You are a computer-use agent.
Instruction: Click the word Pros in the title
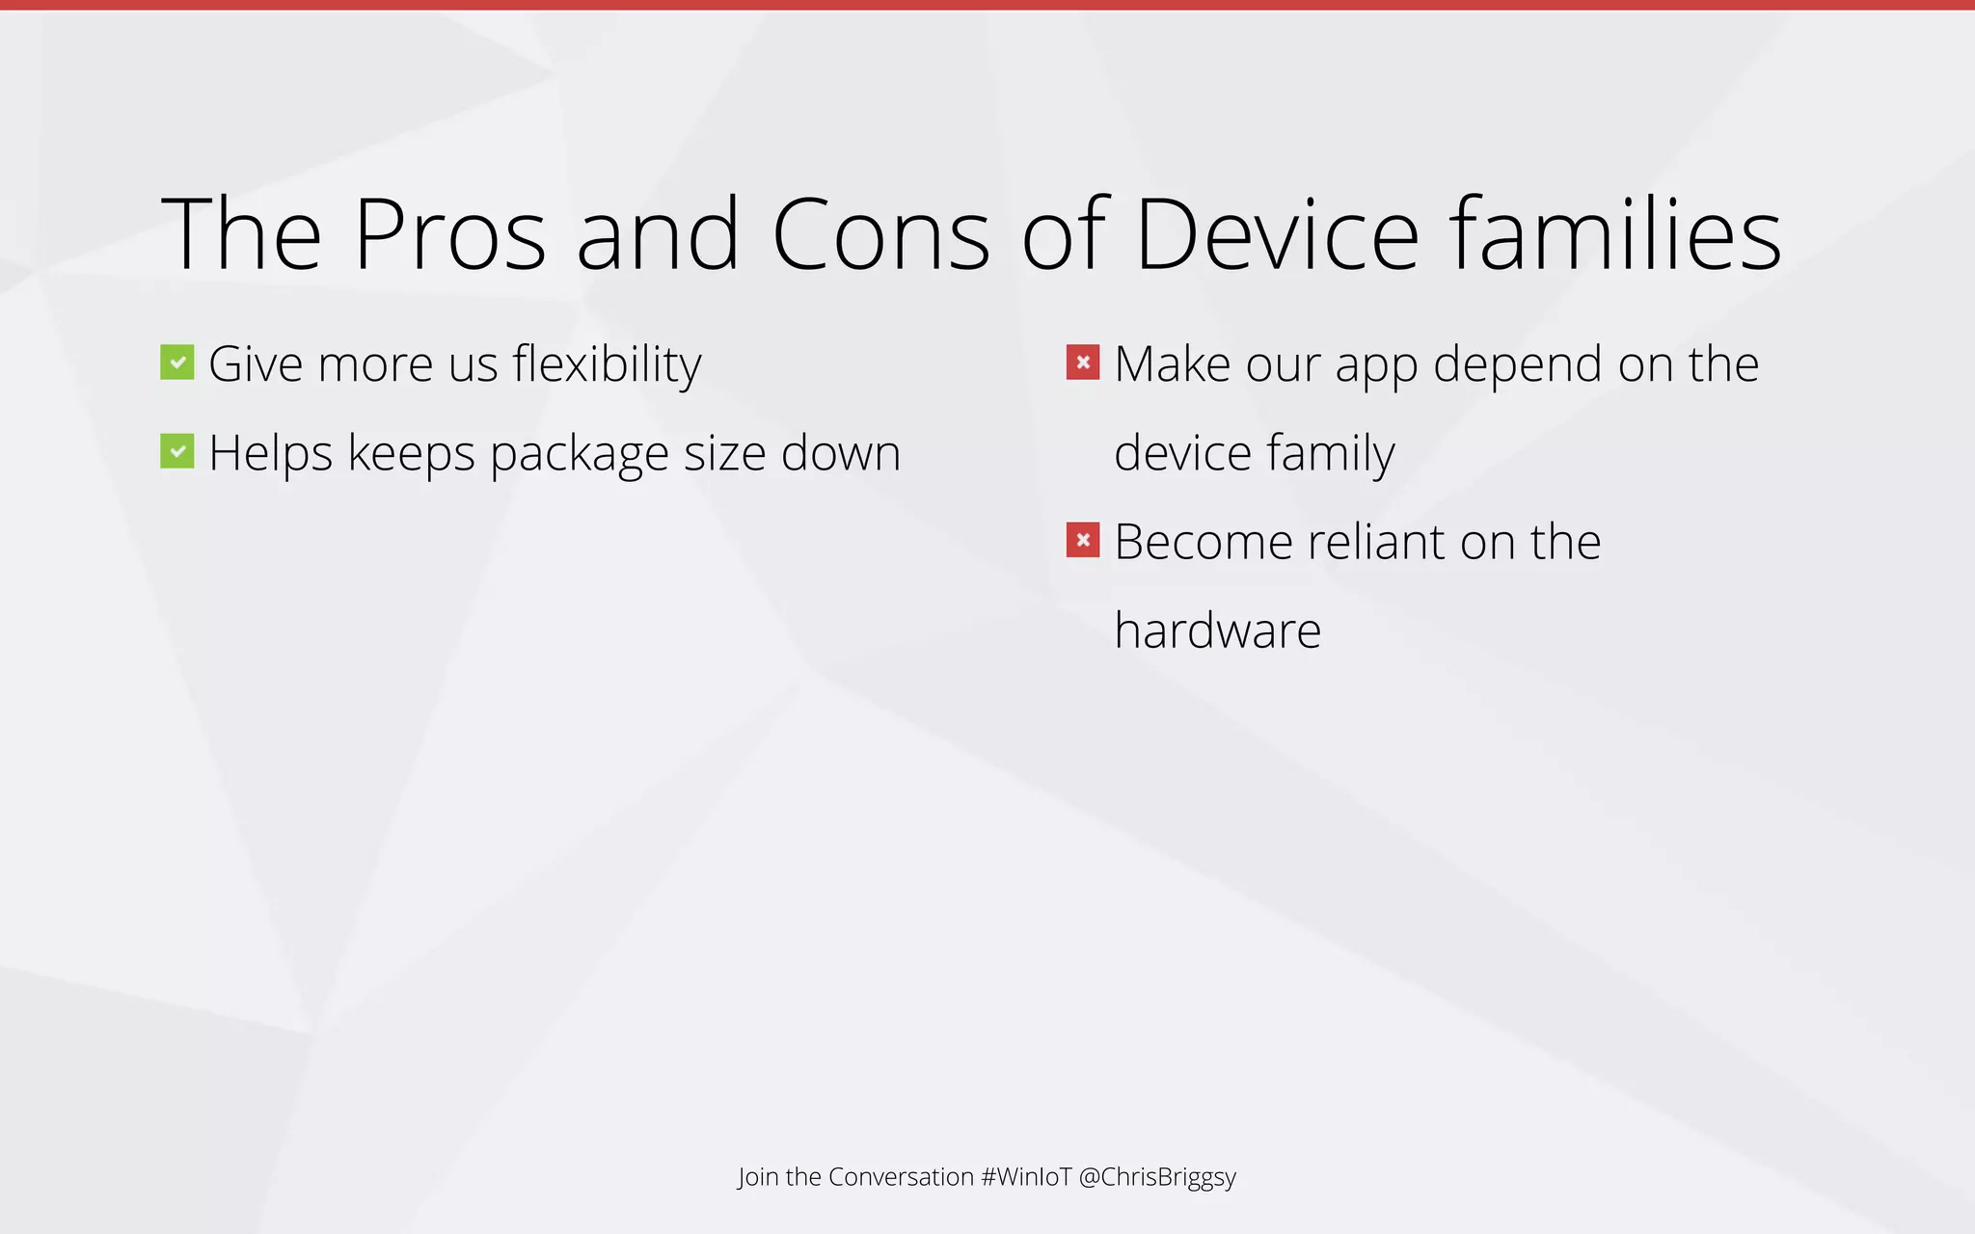pos(449,235)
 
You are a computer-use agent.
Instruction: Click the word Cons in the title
pos(879,235)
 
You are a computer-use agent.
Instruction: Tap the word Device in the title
pos(1276,235)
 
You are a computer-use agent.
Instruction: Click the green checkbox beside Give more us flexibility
pos(177,362)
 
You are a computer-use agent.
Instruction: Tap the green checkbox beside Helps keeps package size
pos(177,451)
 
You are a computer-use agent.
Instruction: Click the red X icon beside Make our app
pos(1083,362)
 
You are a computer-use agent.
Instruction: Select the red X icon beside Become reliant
pos(1083,540)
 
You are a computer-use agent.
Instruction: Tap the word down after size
pos(840,453)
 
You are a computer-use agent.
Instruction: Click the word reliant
pos(1376,542)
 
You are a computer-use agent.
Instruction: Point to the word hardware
pos(1217,631)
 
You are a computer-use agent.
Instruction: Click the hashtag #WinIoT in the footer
pos(1026,1177)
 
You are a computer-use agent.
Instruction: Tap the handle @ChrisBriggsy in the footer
pos(1157,1178)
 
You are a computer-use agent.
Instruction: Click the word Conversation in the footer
pos(901,1177)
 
